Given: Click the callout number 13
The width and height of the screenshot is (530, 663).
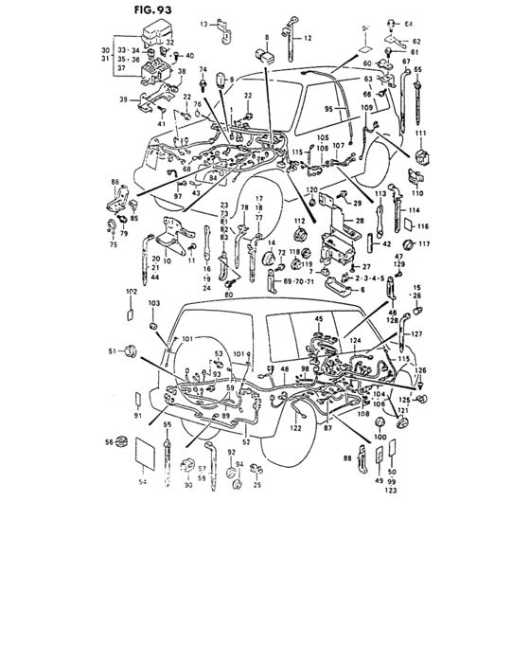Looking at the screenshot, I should click(203, 22).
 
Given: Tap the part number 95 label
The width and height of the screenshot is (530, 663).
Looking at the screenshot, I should click(330, 109).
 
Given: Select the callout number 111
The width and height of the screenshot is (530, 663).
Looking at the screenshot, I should click(419, 133).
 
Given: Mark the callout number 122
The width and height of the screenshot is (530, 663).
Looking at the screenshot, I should click(296, 428).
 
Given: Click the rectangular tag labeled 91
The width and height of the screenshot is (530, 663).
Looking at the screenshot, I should click(136, 399).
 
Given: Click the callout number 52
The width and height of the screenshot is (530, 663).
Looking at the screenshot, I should click(245, 441).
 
